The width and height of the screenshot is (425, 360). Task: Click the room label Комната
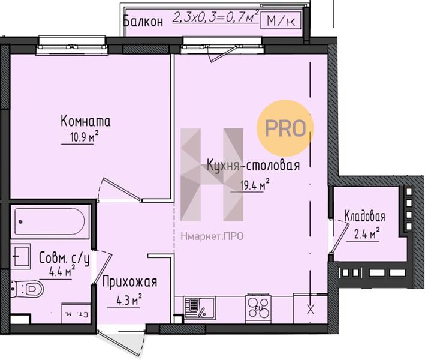pos(85,121)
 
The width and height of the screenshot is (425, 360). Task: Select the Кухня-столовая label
pos(253,165)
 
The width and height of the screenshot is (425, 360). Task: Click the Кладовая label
pos(365,217)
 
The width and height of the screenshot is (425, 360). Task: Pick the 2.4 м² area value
pos(366,233)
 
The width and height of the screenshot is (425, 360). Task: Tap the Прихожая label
pos(129,282)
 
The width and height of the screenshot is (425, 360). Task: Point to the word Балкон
pos(143,22)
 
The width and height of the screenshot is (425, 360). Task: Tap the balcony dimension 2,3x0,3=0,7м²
pos(216,17)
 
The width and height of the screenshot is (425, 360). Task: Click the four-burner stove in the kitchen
pos(258,308)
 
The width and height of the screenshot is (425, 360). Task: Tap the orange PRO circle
pos(285,128)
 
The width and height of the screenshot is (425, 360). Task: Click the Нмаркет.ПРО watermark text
pos(212,236)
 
